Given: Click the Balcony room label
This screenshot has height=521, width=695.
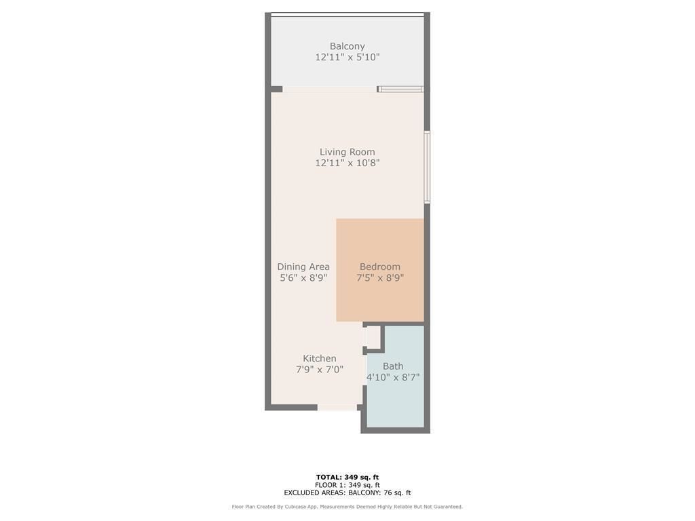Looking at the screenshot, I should [347, 46].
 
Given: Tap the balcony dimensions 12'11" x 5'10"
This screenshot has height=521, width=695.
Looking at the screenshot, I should [347, 57].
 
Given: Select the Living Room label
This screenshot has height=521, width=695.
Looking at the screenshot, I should [347, 152].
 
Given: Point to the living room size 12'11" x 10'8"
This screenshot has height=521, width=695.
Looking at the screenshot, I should [347, 163].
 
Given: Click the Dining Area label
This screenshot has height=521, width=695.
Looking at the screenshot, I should [303, 267].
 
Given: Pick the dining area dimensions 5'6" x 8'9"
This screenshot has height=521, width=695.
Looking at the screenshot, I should [303, 277].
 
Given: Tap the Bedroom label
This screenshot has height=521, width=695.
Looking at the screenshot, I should [380, 267].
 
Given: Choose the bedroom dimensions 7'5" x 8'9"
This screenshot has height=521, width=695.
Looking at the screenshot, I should [380, 277].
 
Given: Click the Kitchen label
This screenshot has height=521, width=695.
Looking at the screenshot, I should [320, 358].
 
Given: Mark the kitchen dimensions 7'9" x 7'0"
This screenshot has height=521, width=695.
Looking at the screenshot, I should [320, 370].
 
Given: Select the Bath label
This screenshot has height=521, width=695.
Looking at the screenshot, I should [393, 366].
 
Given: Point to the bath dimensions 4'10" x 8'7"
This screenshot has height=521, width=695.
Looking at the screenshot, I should [393, 377].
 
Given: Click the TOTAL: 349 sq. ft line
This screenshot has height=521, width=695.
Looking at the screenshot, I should [347, 477].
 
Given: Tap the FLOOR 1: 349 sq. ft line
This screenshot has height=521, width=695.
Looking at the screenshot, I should [347, 485].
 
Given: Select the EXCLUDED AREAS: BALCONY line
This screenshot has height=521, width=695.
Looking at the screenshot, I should [347, 493].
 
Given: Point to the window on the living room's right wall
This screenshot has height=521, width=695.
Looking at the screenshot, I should [427, 167].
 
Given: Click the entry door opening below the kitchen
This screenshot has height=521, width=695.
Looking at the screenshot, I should [337, 407].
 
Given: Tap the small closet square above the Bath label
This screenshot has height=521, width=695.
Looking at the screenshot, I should [373, 337].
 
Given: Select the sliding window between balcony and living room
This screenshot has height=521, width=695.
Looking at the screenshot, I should [400, 89].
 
